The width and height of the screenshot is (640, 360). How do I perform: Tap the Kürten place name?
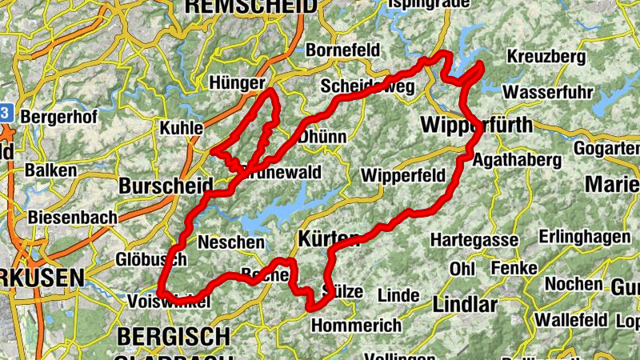point(324,238)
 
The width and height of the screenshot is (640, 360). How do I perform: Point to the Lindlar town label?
point(464,305)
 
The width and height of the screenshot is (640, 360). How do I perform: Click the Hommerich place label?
point(355,326)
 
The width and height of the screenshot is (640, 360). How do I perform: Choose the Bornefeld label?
point(342,50)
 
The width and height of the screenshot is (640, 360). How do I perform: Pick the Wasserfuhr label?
point(549,92)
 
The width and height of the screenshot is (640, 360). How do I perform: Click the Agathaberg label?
point(517,160)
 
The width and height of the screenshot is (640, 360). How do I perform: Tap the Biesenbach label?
point(72,217)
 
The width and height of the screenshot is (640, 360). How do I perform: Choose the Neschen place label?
point(230,242)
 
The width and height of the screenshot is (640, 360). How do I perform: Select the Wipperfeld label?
point(403,175)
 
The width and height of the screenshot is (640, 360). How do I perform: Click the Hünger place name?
point(236,83)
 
